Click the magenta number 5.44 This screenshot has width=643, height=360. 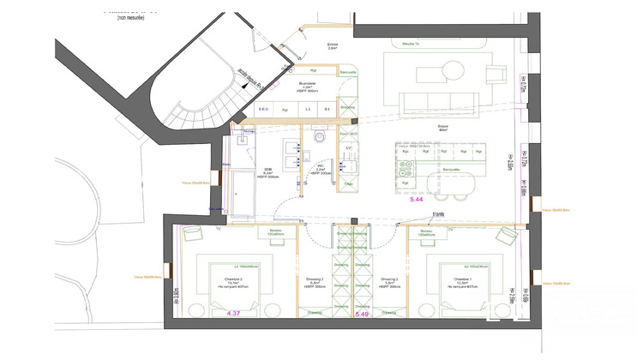pyautogui.click(x=418, y=199)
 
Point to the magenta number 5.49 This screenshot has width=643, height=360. pyautogui.click(x=362, y=315)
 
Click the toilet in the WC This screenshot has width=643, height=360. pyautogui.click(x=321, y=137)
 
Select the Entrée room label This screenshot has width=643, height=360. pyautogui.click(x=333, y=46)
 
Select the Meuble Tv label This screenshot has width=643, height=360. pyautogui.click(x=400, y=42)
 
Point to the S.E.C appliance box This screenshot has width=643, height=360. pyautogui.click(x=264, y=109)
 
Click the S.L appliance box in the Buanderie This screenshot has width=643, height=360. pyautogui.click(x=327, y=109)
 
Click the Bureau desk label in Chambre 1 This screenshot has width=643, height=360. pyautogui.click(x=427, y=231)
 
